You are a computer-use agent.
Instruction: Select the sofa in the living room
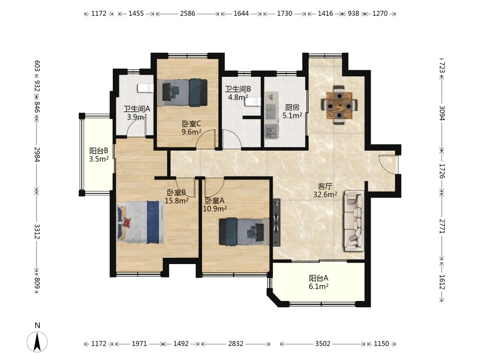tap(355, 220)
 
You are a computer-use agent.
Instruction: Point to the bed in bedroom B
tap(140, 222)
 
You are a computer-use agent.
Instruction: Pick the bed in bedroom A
tap(244, 231)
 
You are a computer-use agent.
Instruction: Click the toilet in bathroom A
tap(145, 88)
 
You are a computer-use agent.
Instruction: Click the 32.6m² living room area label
tap(325, 194)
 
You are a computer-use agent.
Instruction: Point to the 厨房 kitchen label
tap(292, 107)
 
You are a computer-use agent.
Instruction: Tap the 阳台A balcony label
tap(318, 278)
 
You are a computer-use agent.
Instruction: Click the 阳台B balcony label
tap(98, 151)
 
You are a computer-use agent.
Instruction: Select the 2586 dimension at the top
tap(187, 13)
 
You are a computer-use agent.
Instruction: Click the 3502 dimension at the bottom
tap(323, 344)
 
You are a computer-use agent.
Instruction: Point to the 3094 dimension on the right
tap(442, 113)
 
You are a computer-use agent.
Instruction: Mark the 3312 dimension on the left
tap(37, 231)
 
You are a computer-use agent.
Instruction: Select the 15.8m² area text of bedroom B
tap(176, 201)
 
